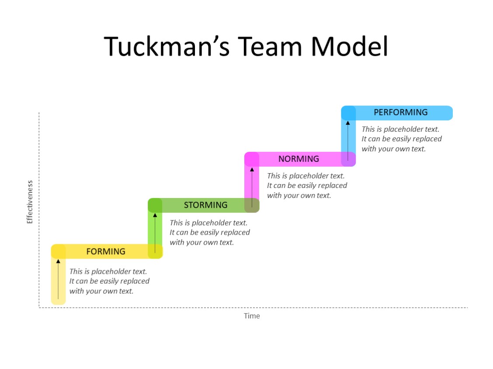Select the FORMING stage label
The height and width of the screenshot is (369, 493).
pos(106,252)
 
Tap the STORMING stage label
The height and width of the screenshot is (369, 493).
pos(205,205)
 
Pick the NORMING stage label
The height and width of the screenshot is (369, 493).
pos(299,159)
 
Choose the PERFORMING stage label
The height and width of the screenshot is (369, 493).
pos(400,113)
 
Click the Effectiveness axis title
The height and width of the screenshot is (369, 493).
pos(30,202)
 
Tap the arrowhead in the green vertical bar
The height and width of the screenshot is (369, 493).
pos(155,215)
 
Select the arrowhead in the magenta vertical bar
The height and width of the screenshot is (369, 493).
pos(252,169)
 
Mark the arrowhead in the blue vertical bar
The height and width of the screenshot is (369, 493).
pos(348,123)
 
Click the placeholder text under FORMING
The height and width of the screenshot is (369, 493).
pos(109,281)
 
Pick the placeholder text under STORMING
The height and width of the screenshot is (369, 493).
pos(210,232)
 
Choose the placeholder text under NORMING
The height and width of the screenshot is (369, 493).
pos(307,185)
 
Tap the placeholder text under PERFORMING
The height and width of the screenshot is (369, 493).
pos(402,139)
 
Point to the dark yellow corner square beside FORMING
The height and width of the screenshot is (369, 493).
pos(58,251)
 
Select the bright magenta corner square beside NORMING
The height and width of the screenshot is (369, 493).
pos(251,159)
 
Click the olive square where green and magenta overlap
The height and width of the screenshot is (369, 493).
pos(252,205)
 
